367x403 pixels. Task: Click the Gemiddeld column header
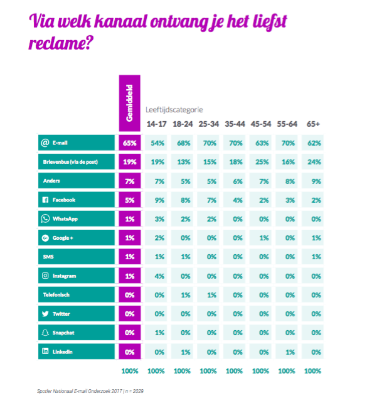click(x=129, y=103)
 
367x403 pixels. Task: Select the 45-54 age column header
click(x=261, y=124)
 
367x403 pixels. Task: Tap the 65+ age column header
click(x=313, y=124)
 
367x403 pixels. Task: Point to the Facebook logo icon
click(x=45, y=200)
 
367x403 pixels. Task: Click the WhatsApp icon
click(x=45, y=218)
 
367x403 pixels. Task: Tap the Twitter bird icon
click(x=45, y=314)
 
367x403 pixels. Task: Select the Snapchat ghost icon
click(x=45, y=333)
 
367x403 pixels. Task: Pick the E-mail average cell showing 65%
click(x=130, y=143)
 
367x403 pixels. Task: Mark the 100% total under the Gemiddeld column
click(x=130, y=371)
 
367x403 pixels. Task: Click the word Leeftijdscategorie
click(x=174, y=110)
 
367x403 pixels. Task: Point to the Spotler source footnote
click(x=90, y=391)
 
